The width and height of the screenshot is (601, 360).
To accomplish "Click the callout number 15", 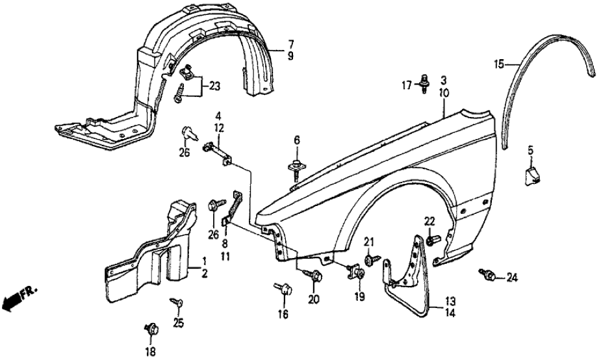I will (x=498, y=64).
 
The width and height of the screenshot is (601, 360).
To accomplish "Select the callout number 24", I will (x=513, y=278).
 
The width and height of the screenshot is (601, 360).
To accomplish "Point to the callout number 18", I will (x=151, y=352).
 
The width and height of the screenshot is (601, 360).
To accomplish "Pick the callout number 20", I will (x=314, y=300).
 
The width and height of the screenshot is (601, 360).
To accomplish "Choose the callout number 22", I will (x=429, y=220).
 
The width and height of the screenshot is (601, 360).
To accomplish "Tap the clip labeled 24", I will (x=488, y=276).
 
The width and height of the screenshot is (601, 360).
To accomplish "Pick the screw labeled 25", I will (x=176, y=302).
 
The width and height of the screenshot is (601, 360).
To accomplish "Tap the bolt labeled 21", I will (x=370, y=260).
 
